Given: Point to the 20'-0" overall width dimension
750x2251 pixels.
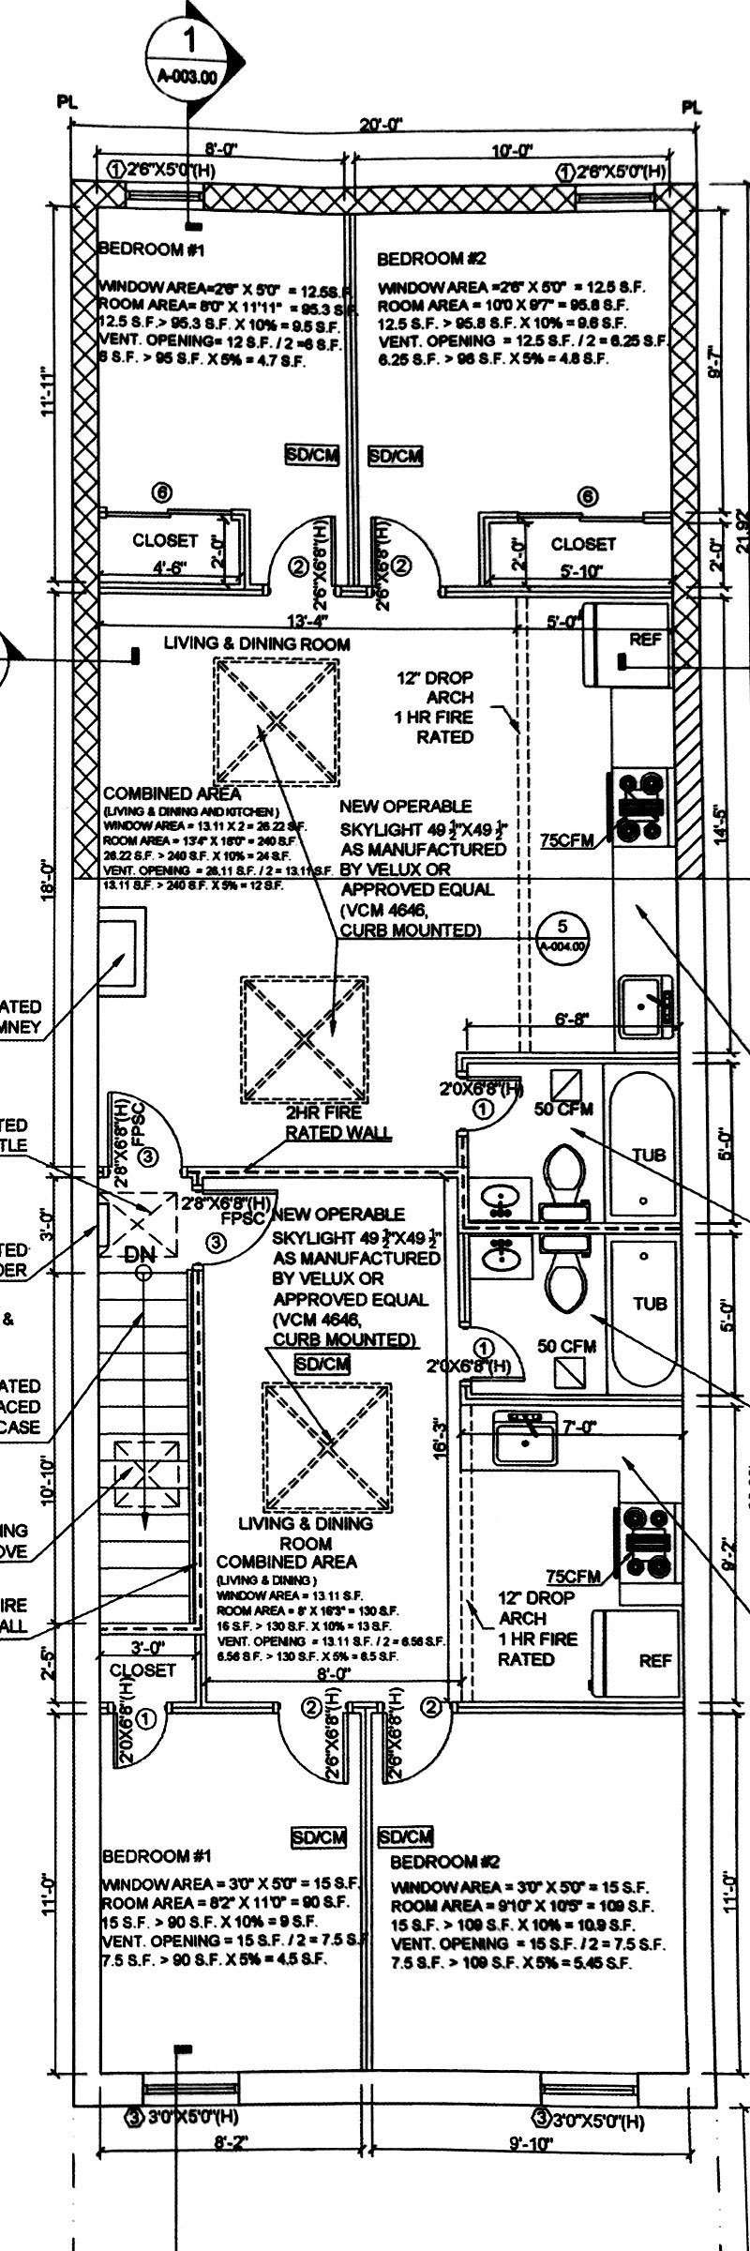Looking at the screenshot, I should point(381,124).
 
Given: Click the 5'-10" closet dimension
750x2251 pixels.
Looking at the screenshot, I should point(577,569).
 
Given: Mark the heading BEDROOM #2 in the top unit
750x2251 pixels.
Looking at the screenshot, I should point(431,258).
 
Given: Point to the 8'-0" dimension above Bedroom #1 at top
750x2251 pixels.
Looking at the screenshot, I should point(223,148).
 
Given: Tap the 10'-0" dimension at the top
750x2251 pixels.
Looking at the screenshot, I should point(514,150).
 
